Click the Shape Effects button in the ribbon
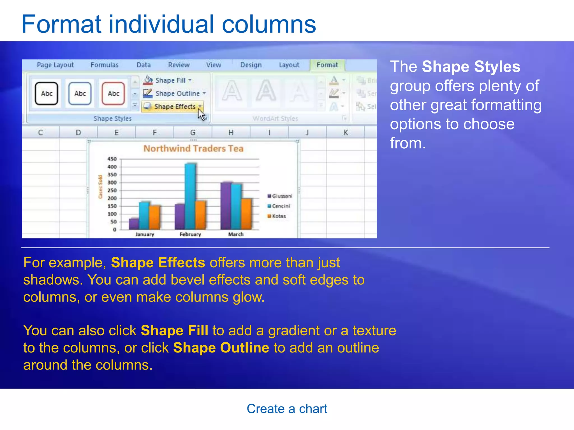pos(172,107)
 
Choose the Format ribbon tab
pos(327,65)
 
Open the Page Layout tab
pos(55,65)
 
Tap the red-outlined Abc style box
pos(114,94)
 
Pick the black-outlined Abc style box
pos(47,94)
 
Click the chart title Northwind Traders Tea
pos(193,148)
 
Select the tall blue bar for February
pos(190,196)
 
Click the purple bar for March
pos(226,206)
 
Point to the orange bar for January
pos(154,218)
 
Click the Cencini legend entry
pos(281,206)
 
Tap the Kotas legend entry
pos(279,216)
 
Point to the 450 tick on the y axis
pos(112,159)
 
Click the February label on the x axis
pos(190,234)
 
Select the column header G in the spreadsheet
pos(193,132)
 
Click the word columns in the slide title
pos(269,25)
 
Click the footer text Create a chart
pos(287,409)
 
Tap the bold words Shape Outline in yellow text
pos(221,348)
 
